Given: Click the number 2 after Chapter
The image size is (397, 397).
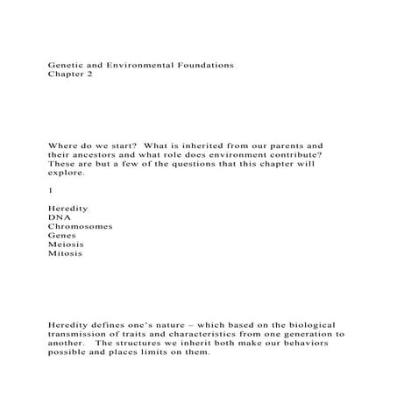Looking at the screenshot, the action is coord(88,75).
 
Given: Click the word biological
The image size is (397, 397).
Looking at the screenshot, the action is coord(307,325).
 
